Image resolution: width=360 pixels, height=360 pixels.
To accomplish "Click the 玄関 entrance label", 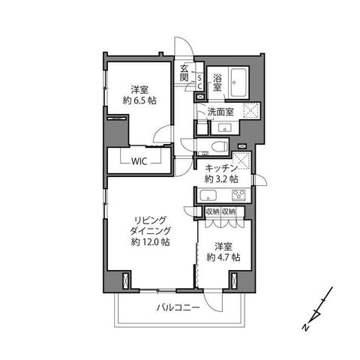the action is click(x=184, y=73).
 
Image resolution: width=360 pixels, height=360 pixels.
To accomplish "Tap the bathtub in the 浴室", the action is click(x=238, y=82).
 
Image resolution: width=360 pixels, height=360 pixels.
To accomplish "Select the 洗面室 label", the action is click(x=220, y=112).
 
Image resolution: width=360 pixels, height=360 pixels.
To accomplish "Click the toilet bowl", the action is click(x=219, y=146).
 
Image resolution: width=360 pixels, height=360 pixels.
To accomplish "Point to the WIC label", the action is click(x=139, y=161).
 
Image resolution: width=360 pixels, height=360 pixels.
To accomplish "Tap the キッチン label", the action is click(x=221, y=168).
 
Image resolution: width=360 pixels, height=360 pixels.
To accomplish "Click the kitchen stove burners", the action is click(x=238, y=195).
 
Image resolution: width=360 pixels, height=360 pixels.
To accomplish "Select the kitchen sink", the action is click(x=208, y=195).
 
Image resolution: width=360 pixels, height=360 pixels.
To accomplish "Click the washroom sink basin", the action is click(x=225, y=128).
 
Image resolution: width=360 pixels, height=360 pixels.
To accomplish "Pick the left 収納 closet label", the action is click(x=212, y=211).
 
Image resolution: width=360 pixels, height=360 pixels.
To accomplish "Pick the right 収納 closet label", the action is click(x=229, y=211).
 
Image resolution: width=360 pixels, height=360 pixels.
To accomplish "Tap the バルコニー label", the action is click(x=178, y=307).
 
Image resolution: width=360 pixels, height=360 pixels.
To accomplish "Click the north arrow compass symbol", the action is click(x=317, y=310).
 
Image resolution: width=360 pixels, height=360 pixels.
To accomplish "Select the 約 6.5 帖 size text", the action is click(x=139, y=100).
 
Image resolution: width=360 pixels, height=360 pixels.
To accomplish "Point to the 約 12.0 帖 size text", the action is click(x=151, y=242).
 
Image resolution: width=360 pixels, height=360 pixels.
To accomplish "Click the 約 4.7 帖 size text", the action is click(x=223, y=257).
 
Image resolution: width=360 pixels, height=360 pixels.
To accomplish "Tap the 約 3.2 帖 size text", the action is click(x=221, y=179).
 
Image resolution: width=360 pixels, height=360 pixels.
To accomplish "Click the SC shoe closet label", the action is click(x=199, y=82).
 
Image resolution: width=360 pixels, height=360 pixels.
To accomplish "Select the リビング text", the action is click(x=151, y=220).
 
